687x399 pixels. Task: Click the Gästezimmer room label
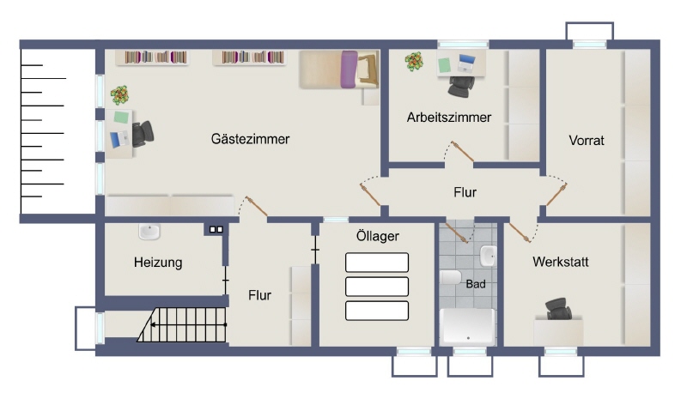(250, 139)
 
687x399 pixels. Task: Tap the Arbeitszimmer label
(448, 118)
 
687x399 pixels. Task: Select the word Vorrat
(587, 141)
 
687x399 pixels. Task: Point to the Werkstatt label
(561, 262)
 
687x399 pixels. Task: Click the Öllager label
(378, 236)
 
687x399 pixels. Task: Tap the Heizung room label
(158, 263)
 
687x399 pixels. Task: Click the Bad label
(476, 284)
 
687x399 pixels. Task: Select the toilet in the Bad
(451, 277)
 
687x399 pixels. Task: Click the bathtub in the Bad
(467, 326)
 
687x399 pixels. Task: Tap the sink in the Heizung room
(149, 232)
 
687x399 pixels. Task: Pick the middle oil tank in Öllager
(377, 287)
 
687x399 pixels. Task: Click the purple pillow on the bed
(349, 70)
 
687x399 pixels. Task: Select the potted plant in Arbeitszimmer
(414, 61)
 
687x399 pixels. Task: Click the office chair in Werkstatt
(559, 309)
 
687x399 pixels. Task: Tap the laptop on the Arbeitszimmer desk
(466, 63)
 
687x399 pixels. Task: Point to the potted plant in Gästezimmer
(119, 95)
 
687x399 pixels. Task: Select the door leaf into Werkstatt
(520, 233)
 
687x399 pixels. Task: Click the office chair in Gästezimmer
(143, 133)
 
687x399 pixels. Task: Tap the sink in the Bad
(488, 256)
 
